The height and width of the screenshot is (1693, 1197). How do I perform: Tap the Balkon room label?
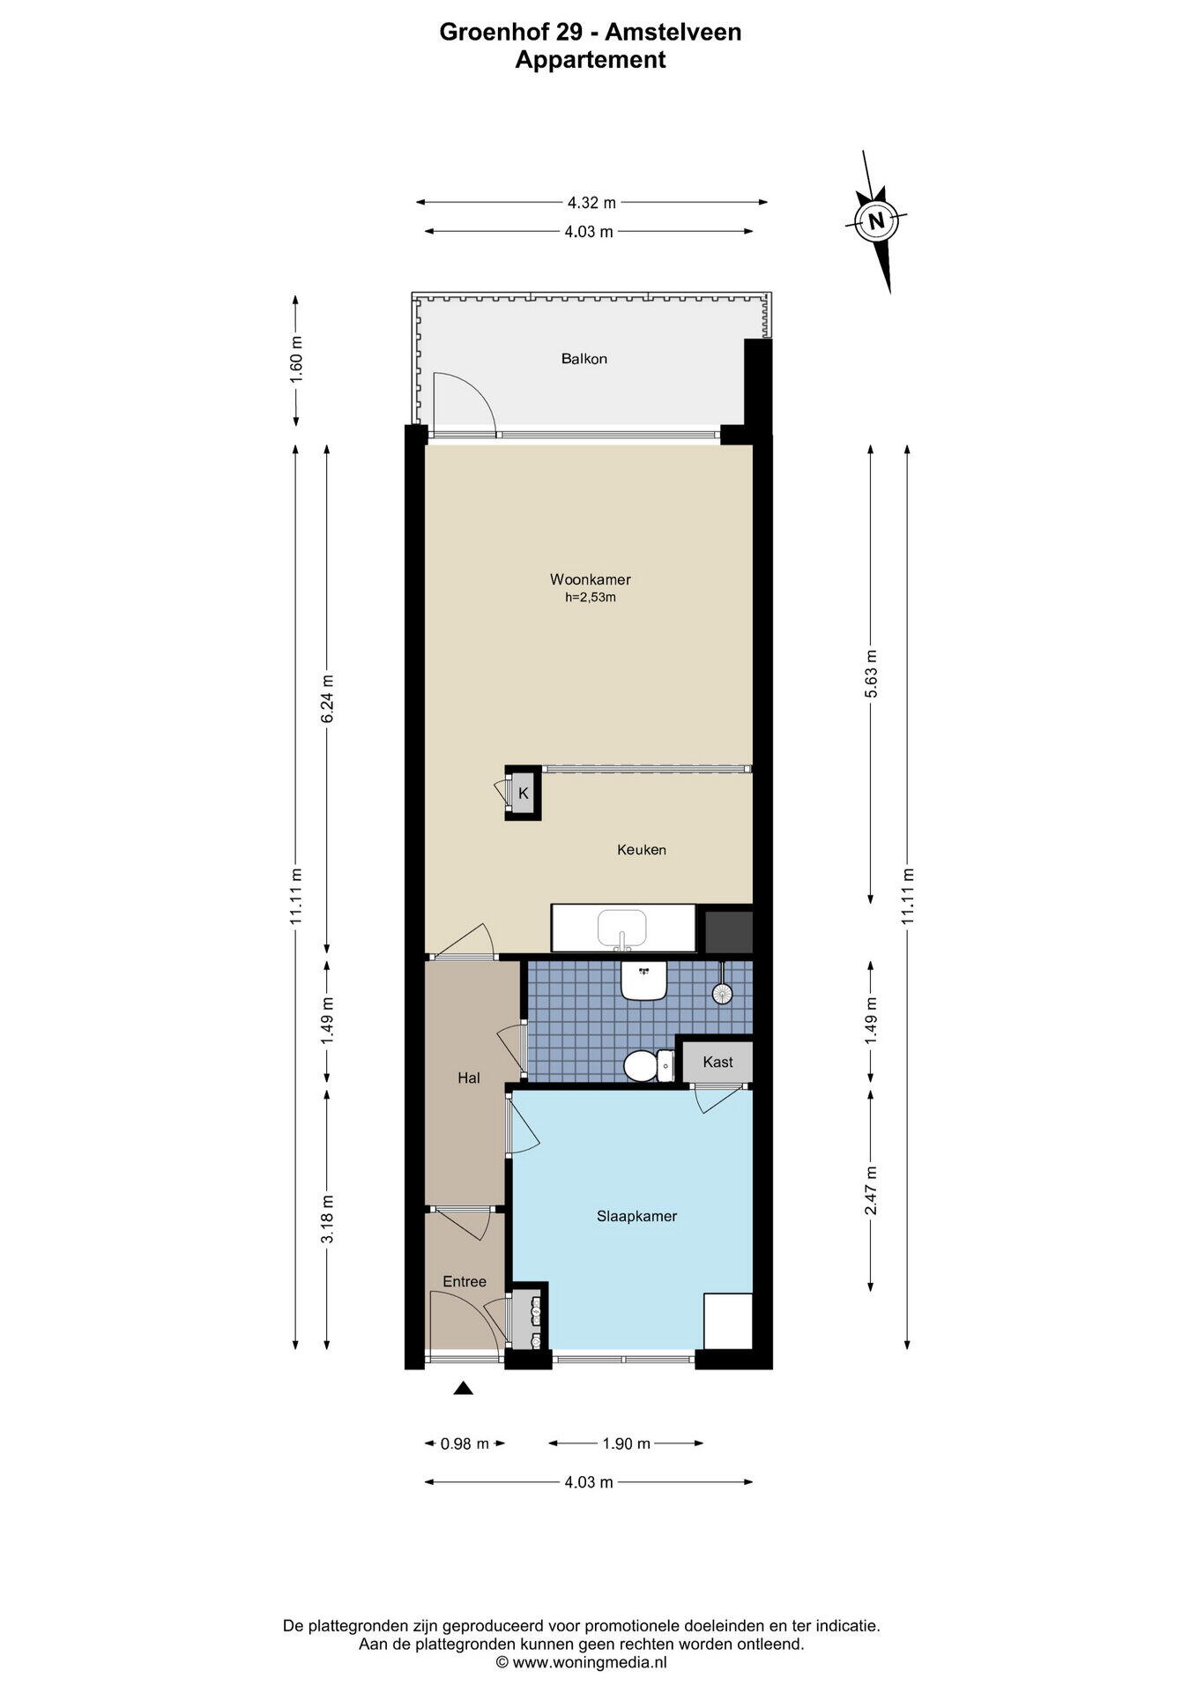click(x=584, y=359)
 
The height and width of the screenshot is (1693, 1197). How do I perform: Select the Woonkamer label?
click(x=590, y=579)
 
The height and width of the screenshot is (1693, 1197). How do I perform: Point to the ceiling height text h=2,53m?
click(x=590, y=598)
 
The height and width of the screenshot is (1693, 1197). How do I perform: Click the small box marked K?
click(x=523, y=793)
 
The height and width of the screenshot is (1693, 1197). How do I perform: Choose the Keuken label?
click(x=641, y=850)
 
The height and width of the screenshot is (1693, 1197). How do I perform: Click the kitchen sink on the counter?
click(x=622, y=929)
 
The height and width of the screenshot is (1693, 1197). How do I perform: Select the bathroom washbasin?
click(x=643, y=980)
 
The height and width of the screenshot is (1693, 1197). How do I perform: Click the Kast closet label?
click(x=717, y=1062)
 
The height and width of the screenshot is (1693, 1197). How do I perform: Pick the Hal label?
click(x=468, y=1078)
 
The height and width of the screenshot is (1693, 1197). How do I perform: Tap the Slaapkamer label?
click(x=636, y=1216)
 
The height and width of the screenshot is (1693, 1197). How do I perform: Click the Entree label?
click(x=465, y=1281)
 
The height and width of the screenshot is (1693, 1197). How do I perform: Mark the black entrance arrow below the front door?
click(x=464, y=1389)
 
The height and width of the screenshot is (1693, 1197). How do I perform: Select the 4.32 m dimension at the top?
click(x=591, y=202)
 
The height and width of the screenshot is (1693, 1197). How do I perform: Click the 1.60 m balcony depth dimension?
click(x=296, y=359)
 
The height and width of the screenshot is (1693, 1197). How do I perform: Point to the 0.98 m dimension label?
click(x=465, y=1443)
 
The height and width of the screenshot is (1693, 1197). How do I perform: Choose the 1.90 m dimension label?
click(x=626, y=1443)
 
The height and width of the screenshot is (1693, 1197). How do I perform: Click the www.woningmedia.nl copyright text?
click(x=582, y=1662)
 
